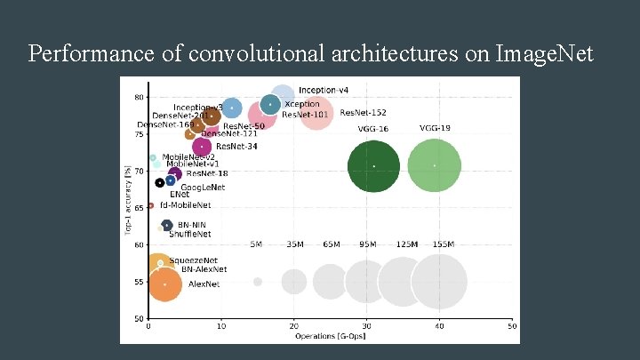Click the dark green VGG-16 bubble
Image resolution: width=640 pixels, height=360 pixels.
373,165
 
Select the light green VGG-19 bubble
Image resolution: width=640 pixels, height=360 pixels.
434,165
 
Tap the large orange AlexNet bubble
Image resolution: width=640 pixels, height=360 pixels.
164,284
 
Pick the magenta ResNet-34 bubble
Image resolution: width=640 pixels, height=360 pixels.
203,147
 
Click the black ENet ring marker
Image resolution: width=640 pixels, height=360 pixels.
159,183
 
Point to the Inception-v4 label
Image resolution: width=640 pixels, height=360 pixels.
324,90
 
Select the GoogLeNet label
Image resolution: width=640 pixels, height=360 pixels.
203,188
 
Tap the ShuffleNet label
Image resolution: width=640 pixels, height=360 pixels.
190,234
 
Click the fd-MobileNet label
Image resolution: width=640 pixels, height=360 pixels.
186,205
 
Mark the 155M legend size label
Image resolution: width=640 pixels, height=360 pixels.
443,244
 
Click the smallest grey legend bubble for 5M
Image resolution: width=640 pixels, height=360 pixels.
258,282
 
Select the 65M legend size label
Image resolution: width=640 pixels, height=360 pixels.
331,244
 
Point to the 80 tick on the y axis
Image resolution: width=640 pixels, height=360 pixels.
140,97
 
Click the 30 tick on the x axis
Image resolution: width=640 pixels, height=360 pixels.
366,326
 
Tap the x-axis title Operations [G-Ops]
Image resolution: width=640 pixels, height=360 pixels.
331,335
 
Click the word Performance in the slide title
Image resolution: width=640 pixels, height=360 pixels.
83,54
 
